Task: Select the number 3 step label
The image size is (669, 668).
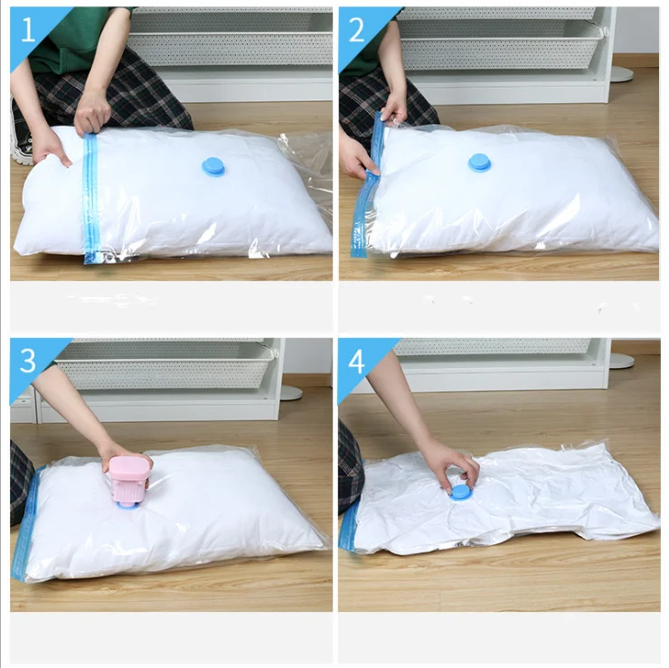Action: [x=28, y=360]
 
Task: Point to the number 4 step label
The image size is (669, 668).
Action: [x=356, y=361]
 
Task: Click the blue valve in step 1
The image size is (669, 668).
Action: [x=214, y=166]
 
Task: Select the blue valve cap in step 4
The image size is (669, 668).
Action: [x=459, y=492]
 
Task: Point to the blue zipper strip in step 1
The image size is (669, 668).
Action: [x=90, y=199]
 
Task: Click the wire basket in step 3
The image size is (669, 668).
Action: [x=163, y=365]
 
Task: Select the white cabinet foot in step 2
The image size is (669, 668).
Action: [x=622, y=72]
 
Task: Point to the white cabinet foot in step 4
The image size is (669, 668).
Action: [x=621, y=360]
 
